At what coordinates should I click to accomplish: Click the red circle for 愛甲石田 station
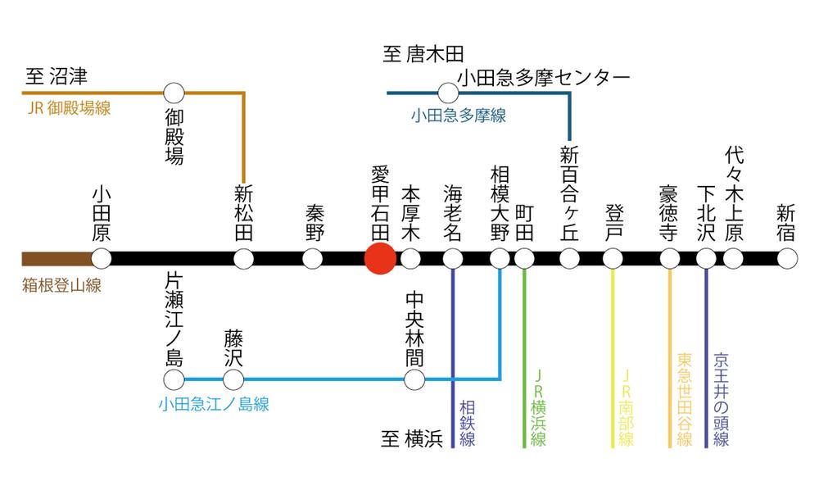pos(380,259)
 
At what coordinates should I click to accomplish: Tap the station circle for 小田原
pos(101,259)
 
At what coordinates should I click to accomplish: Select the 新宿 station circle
pos(787,259)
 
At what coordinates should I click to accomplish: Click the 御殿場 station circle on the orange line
pos(174,93)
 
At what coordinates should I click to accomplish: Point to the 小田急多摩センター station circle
pos(448,93)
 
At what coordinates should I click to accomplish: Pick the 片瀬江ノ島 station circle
pos(174,380)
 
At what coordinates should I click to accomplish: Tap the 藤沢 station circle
pos(233,380)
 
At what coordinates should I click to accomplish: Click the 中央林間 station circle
pos(414,380)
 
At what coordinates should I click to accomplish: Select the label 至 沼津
pos(56,78)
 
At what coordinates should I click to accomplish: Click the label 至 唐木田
pos(423,55)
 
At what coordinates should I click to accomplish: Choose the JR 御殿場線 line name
pos(69,109)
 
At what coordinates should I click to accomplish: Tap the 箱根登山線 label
pos(57,287)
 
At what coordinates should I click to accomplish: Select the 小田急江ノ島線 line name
pos(214,404)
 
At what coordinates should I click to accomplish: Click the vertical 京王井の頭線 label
pos(721,400)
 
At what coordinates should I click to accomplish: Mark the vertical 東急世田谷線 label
pos(685,400)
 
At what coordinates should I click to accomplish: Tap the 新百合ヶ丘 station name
pos(569,193)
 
